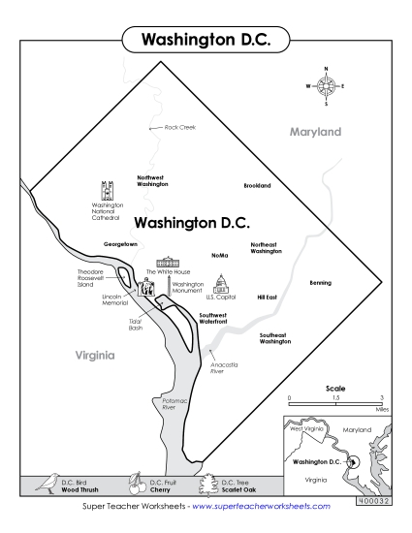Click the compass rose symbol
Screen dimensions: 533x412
pyautogui.click(x=326, y=86)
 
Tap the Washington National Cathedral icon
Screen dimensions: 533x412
pyautogui.click(x=107, y=189)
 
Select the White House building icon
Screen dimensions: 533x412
pyautogui.click(x=168, y=263)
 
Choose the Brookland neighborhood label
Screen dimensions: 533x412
pyautogui.click(x=257, y=185)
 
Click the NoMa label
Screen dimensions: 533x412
pyautogui.click(x=219, y=255)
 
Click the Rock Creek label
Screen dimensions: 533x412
pyautogui.click(x=179, y=127)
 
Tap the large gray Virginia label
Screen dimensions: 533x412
pyautogui.click(x=95, y=355)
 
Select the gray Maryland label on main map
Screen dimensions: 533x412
pyautogui.click(x=316, y=131)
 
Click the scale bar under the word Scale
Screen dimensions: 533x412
pyautogui.click(x=335, y=403)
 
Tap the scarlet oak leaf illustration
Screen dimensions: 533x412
pyautogui.click(x=206, y=482)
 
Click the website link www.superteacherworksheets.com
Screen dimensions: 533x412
pyautogui.click(x=262, y=506)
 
